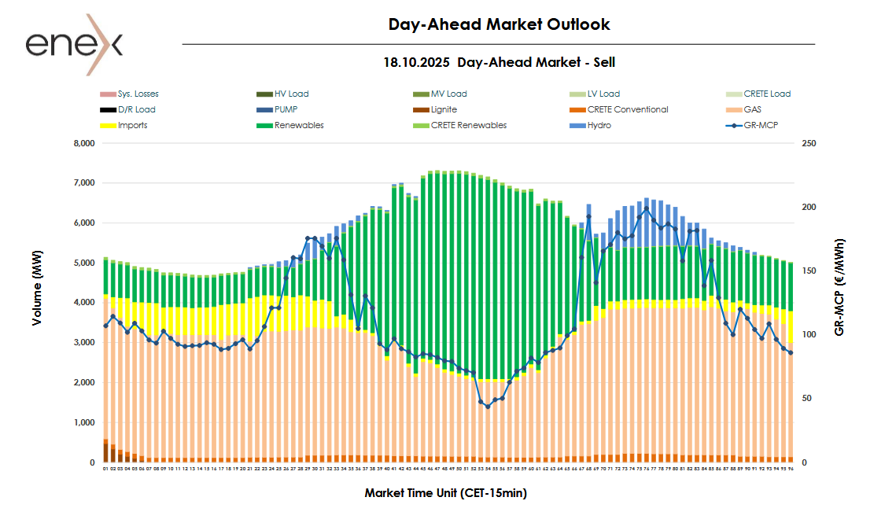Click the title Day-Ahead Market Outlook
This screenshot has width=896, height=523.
(x=499, y=24)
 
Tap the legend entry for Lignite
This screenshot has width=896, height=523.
(x=444, y=110)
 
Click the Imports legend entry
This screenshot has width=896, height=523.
(x=132, y=126)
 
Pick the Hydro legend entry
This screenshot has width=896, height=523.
(x=599, y=126)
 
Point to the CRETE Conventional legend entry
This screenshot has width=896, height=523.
(x=627, y=110)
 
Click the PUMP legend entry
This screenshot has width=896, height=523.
(x=286, y=110)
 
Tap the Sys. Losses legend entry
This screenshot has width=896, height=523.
(x=138, y=94)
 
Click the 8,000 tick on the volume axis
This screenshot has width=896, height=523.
(x=83, y=144)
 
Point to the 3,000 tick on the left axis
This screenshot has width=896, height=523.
(x=83, y=343)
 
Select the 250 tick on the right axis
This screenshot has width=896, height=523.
(x=808, y=144)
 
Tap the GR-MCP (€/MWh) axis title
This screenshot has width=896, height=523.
(x=839, y=287)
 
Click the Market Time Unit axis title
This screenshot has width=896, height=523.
(x=445, y=493)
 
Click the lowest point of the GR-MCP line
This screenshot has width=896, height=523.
(x=488, y=407)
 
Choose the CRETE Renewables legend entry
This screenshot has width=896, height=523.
(x=469, y=126)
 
